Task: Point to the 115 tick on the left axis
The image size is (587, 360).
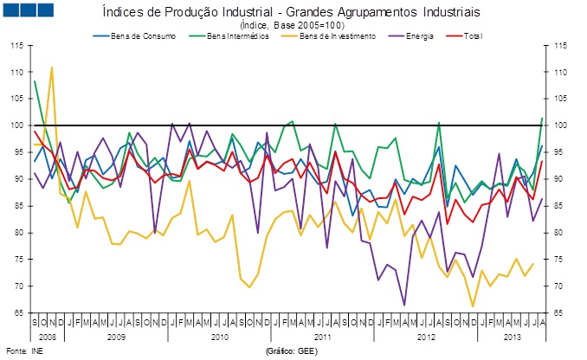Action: (x=17, y=45)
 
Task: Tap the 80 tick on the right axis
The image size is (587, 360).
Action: (x=560, y=233)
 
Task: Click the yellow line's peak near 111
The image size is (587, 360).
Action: (x=52, y=67)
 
